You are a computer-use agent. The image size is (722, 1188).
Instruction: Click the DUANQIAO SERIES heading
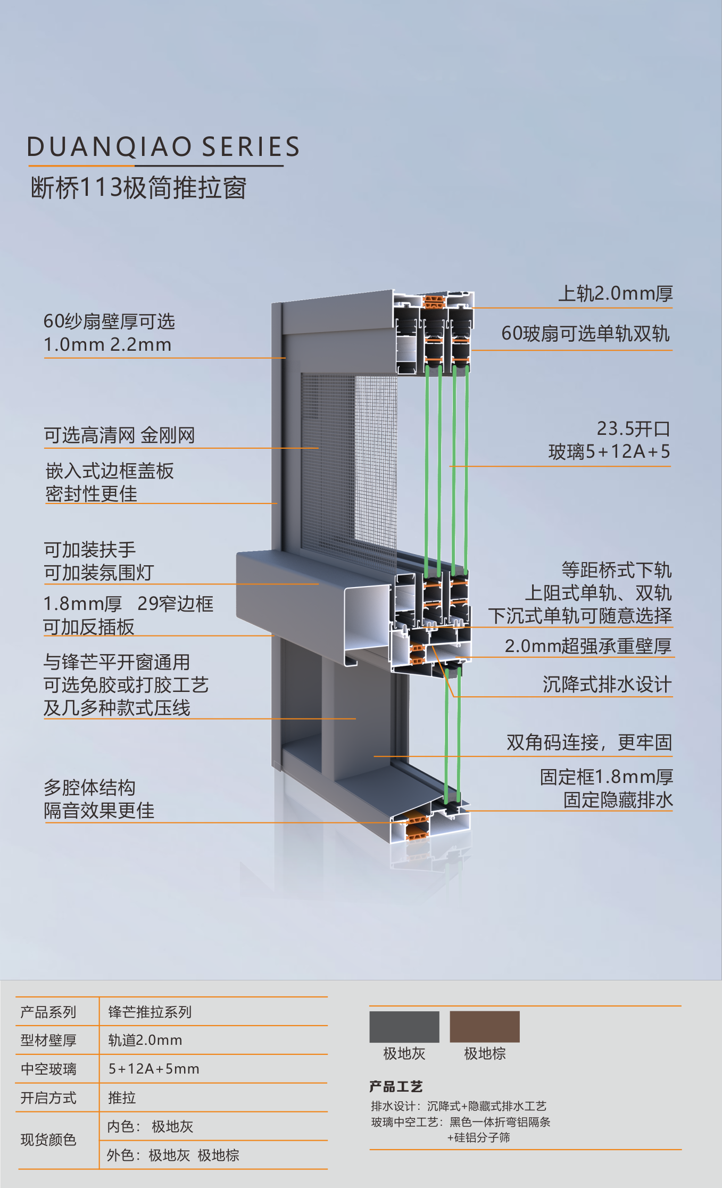coord(163,147)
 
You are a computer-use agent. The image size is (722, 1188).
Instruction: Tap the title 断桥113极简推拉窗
coord(138,188)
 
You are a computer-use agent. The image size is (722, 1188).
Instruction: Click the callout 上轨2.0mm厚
coord(615,293)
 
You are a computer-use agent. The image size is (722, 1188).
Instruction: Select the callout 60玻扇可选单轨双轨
coord(585,334)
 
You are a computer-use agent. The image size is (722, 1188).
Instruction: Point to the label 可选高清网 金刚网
coord(119,435)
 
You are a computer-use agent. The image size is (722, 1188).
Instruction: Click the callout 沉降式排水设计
coord(607,684)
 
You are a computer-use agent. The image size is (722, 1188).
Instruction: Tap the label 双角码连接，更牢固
coord(589,742)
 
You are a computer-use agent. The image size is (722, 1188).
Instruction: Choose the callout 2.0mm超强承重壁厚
coord(588,646)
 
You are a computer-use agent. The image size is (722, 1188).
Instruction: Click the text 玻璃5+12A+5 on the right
coord(609,452)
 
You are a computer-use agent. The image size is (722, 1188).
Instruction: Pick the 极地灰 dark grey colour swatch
coord(404,1027)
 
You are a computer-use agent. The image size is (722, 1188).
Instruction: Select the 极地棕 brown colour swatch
coord(485,1027)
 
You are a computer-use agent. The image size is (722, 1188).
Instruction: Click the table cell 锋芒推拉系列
coord(150,1012)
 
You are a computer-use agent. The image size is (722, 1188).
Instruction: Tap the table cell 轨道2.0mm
coord(145,1040)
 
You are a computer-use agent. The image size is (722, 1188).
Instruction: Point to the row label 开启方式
coord(48,1098)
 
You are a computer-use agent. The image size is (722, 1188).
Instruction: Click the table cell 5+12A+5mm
coord(154,1069)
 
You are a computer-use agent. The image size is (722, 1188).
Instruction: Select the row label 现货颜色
coord(48,1140)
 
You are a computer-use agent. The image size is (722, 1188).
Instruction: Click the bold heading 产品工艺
coord(396,1086)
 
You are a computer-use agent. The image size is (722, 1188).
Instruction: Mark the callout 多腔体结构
coord(89,788)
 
